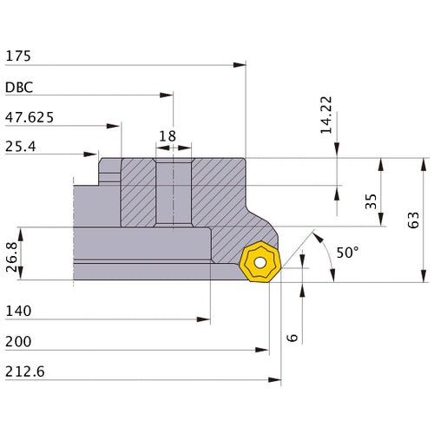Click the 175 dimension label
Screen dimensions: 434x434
click(x=18, y=56)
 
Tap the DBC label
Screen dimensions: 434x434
click(x=19, y=88)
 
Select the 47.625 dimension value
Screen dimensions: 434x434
click(x=30, y=117)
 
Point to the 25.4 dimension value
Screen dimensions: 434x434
click(x=21, y=147)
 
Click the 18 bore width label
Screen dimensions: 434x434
click(x=168, y=136)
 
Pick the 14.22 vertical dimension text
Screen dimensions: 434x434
click(x=326, y=115)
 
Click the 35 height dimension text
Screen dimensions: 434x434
click(x=371, y=201)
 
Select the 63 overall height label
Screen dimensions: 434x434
click(x=413, y=220)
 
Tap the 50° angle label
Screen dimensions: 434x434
click(x=347, y=253)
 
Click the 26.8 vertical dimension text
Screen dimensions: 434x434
click(x=11, y=257)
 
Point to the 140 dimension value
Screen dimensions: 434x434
click(x=18, y=311)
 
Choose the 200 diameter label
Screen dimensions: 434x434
click(x=18, y=341)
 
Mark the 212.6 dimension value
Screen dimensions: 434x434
click(x=25, y=372)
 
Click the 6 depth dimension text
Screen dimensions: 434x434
click(x=293, y=338)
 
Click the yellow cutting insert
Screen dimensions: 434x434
click(x=260, y=261)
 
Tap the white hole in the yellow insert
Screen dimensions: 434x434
click(x=260, y=263)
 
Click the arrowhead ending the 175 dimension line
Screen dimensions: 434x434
click(x=240, y=65)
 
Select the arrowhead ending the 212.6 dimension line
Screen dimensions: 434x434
click(x=274, y=380)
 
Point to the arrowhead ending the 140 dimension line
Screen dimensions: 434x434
click(x=203, y=319)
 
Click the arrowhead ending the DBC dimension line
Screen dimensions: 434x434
click(x=167, y=95)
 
